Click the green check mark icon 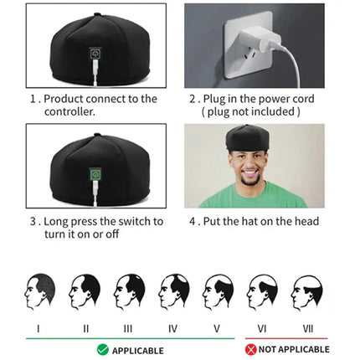(102, 349)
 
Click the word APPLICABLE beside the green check (138, 350)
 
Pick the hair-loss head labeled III (129, 291)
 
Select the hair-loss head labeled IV (173, 291)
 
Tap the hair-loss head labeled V (218, 291)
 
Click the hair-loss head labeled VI (263, 291)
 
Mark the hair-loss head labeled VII (307, 291)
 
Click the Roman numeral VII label (307, 328)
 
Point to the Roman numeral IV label (172, 328)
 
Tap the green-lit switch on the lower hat (96, 175)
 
